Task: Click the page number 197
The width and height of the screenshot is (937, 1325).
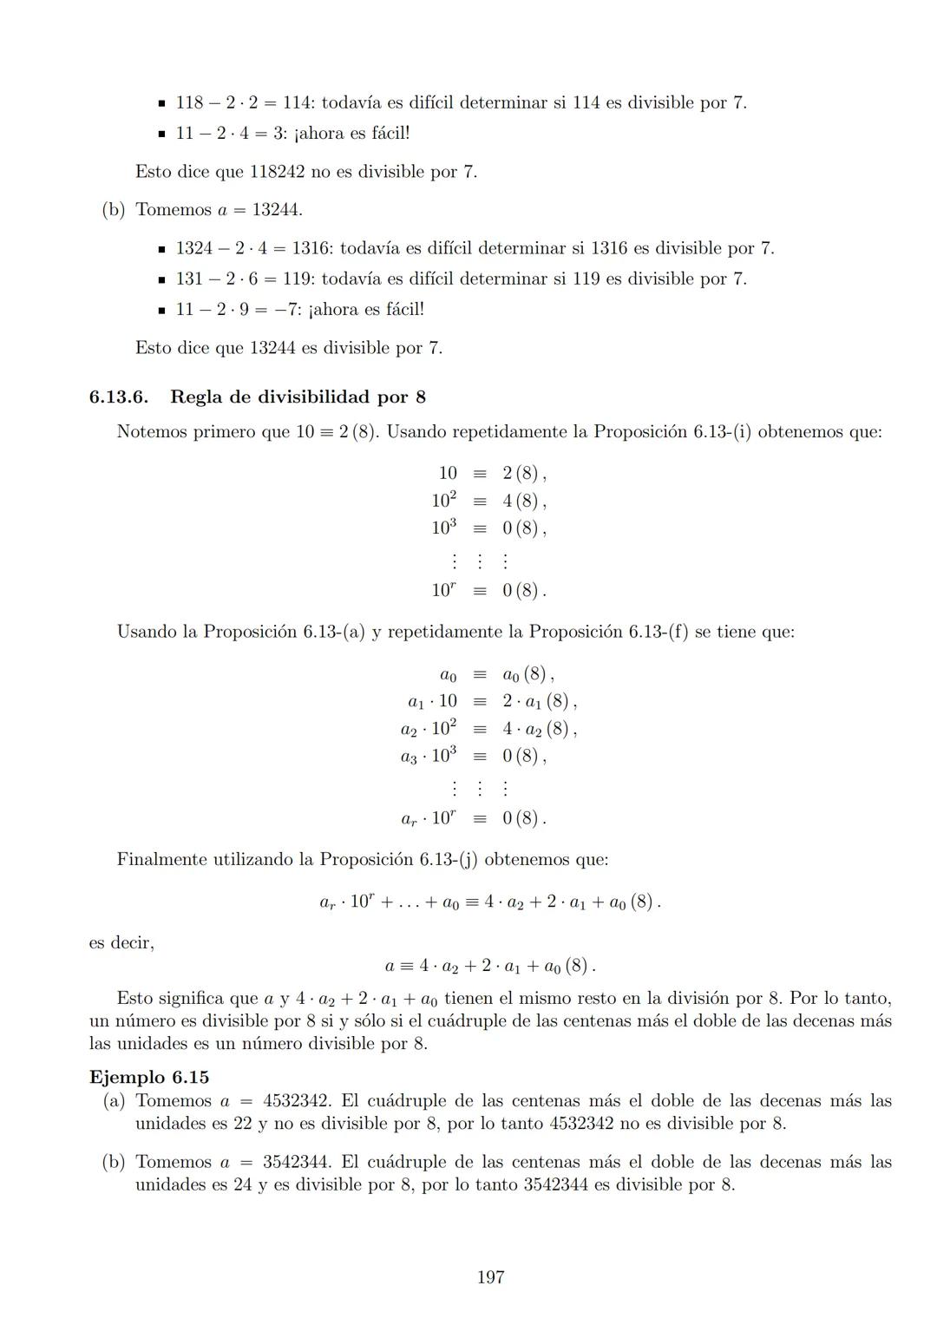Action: tap(490, 1277)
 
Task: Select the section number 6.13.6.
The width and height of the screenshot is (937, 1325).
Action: tap(118, 397)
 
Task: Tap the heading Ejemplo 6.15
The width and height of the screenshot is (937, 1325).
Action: tap(148, 1077)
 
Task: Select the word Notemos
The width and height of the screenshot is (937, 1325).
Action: tap(151, 432)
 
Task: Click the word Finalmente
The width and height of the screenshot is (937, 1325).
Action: tap(161, 860)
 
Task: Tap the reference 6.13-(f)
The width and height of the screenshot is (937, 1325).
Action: tap(658, 632)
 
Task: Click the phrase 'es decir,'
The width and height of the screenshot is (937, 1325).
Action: tap(121, 942)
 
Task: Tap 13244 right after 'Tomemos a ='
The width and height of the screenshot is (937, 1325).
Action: tap(277, 210)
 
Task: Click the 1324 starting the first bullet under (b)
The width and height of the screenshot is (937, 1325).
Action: tap(194, 248)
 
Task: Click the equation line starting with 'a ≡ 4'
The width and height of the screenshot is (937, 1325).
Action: tap(490, 966)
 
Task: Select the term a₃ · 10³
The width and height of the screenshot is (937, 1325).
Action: tap(428, 756)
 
